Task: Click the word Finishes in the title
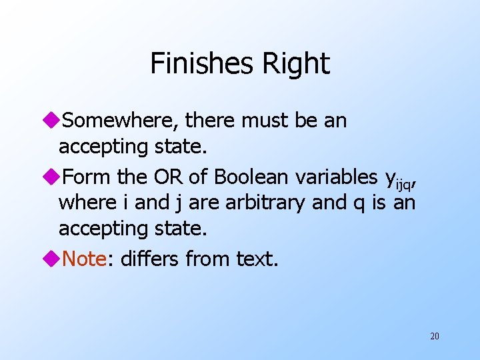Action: pyautogui.click(x=199, y=63)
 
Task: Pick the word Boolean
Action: pyautogui.click(x=253, y=177)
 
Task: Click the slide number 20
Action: pyautogui.click(x=434, y=336)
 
